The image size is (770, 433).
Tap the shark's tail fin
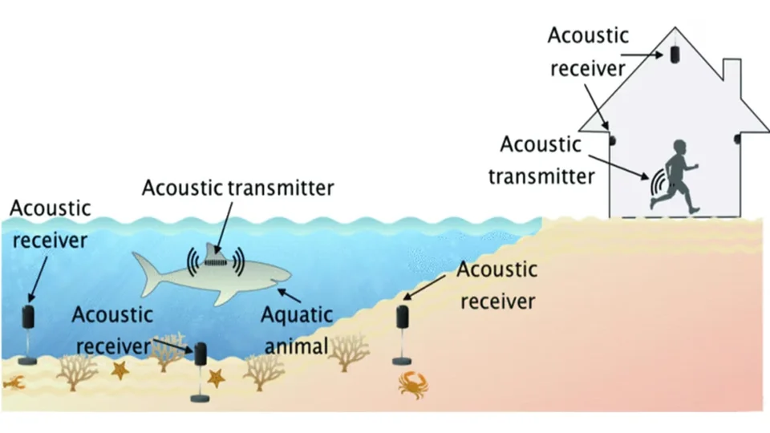point(145,269)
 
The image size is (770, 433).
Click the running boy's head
point(679,150)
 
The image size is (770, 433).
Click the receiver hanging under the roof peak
point(675,53)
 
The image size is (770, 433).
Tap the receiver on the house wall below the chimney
point(736,140)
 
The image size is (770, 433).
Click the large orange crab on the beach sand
point(413,382)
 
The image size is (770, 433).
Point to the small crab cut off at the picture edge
point(12,382)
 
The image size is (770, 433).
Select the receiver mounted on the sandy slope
point(403,315)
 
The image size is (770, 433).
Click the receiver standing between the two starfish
point(199,354)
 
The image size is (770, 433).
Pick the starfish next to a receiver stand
point(215,377)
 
